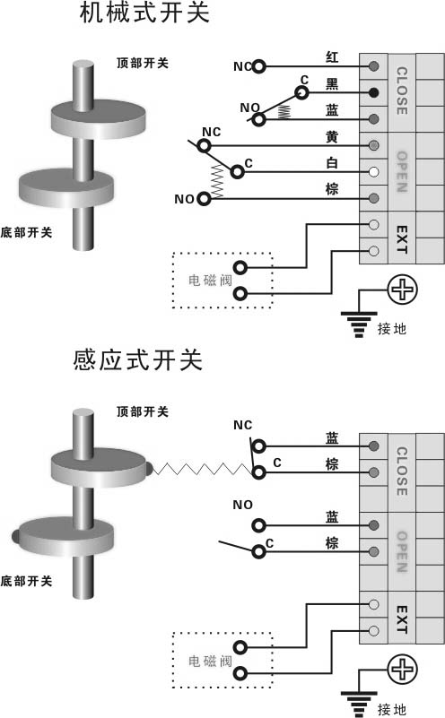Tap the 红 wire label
pyautogui.click(x=331, y=56)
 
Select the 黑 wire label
pyautogui.click(x=331, y=83)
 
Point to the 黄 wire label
pyautogui.click(x=331, y=136)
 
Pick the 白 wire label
pyautogui.click(x=331, y=163)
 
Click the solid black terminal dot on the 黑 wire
pyautogui.click(x=373, y=92)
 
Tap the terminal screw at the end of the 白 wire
pyautogui.click(x=373, y=172)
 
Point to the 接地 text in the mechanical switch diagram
pyautogui.click(x=393, y=329)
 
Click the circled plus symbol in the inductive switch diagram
pyautogui.click(x=403, y=669)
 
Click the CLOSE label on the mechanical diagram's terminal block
pyautogui.click(x=401, y=91)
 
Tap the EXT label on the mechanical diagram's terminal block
pyautogui.click(x=401, y=238)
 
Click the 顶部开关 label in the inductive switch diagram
pyautogui.click(x=143, y=411)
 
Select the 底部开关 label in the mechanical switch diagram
pyautogui.click(x=26, y=233)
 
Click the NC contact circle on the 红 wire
pyautogui.click(x=259, y=66)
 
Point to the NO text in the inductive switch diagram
pyautogui.click(x=242, y=505)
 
